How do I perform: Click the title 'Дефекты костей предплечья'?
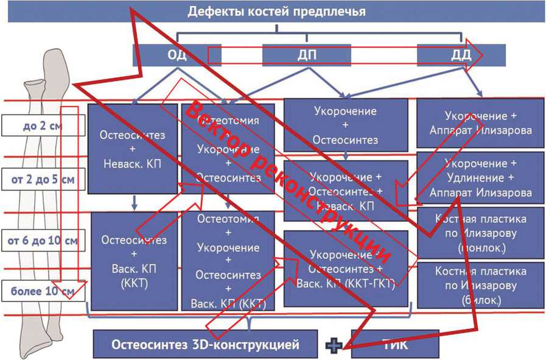pyautogui.click(x=276, y=12)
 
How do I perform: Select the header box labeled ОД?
pyautogui.click(x=177, y=55)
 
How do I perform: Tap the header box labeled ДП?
pyautogui.click(x=307, y=55)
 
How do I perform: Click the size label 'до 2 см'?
pyautogui.click(x=41, y=126)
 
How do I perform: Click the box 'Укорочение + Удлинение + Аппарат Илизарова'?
pyautogui.click(x=480, y=178)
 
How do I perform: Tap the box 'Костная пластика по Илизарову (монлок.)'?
pyautogui.click(x=480, y=233)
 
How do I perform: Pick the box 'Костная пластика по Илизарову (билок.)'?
pyautogui.click(x=480, y=284)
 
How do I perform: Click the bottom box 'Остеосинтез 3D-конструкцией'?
pyautogui.click(x=205, y=344)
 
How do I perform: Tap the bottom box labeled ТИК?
pyautogui.click(x=396, y=344)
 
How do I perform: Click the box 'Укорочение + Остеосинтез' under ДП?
pyautogui.click(x=345, y=125)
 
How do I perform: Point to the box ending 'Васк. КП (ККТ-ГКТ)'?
pyautogui.click(x=345, y=269)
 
